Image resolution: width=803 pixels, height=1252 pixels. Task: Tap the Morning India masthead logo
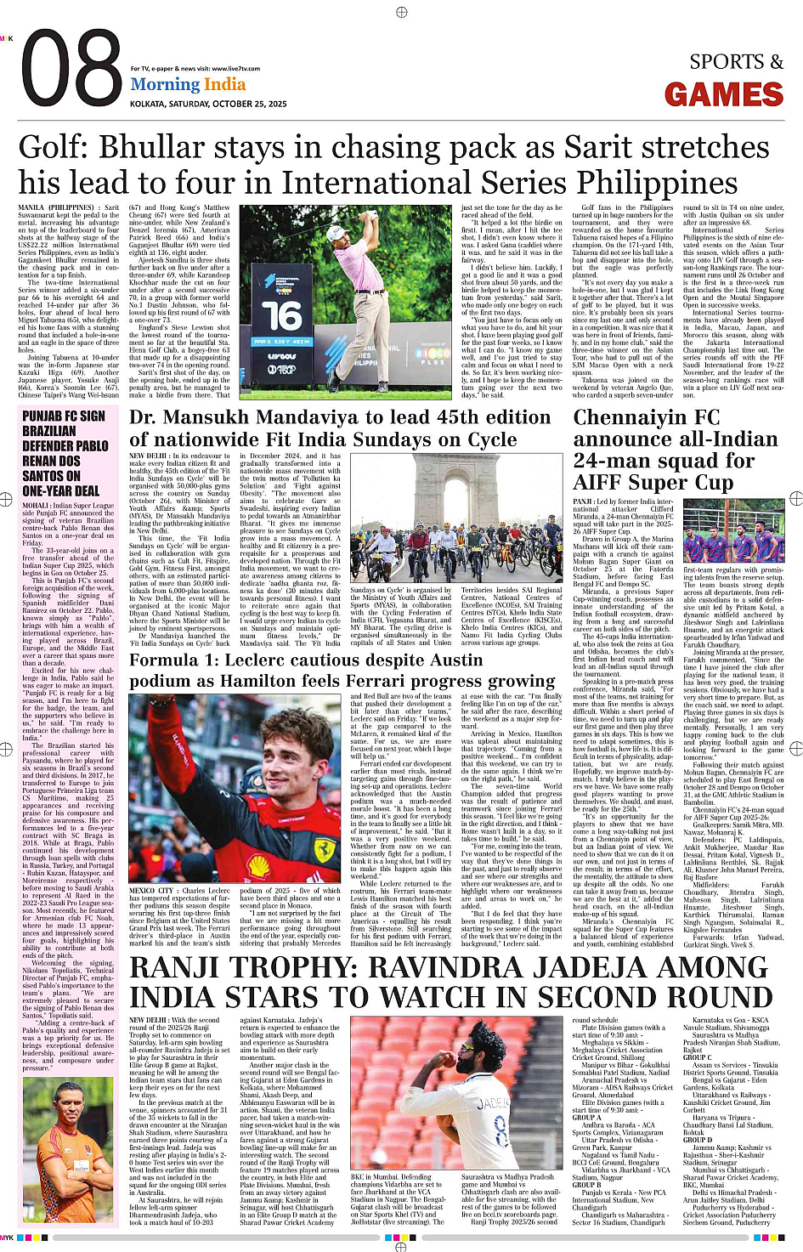point(188,85)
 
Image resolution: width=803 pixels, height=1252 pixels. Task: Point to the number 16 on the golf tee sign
point(281,316)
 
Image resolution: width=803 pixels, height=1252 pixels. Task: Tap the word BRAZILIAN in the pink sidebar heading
point(49,431)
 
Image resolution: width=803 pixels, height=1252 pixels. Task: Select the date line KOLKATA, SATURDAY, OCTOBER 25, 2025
point(208,104)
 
